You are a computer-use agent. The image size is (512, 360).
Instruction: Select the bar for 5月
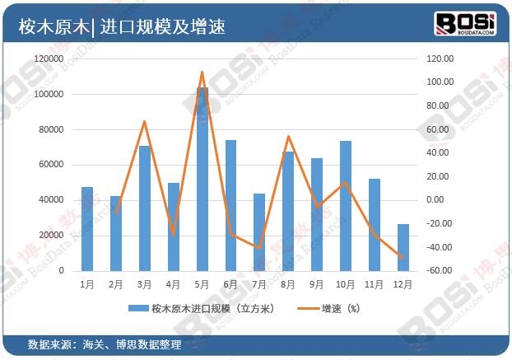tap(202, 179)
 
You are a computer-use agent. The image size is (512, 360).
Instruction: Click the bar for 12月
tap(403, 247)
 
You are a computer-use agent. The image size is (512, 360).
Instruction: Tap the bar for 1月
tap(87, 229)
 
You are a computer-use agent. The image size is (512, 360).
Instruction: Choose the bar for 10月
tap(346, 206)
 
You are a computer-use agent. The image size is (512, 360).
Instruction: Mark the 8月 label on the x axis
tap(288, 284)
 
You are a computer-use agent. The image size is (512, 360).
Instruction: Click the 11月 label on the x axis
tap(374, 284)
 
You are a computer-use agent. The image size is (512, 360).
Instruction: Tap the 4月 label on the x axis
tap(174, 284)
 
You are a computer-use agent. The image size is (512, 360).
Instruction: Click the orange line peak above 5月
tap(202, 72)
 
